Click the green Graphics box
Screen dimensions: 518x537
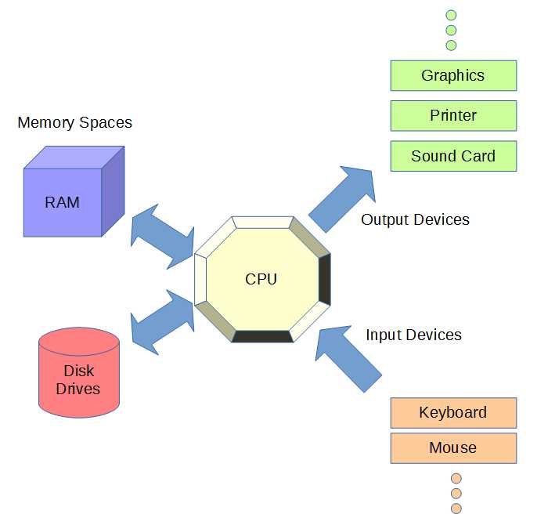(453, 75)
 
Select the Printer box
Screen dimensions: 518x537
(453, 115)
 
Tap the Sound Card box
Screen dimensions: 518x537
(453, 156)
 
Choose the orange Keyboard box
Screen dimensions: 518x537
(453, 412)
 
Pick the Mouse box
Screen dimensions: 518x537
(453, 448)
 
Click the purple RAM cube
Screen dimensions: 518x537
(63, 202)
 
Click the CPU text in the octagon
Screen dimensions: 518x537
(261, 279)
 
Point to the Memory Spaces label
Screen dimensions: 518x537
(74, 123)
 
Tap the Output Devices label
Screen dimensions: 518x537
(415, 220)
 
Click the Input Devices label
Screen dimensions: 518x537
(413, 335)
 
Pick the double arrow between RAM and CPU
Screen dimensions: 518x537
(163, 236)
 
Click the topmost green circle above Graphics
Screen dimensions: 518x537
(451, 15)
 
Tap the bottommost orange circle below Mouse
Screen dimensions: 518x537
(456, 509)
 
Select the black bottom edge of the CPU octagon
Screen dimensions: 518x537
(262, 337)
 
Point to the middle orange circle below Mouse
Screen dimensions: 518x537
(456, 494)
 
